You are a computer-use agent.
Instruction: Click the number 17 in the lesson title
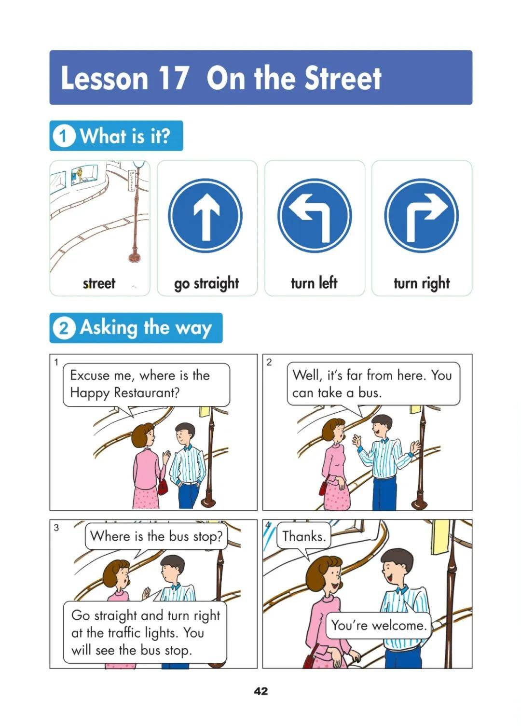(x=173, y=78)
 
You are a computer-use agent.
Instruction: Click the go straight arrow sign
(x=206, y=215)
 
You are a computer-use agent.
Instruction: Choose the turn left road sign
(x=315, y=215)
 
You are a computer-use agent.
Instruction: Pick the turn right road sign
(x=422, y=215)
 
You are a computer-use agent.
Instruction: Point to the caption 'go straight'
(x=206, y=283)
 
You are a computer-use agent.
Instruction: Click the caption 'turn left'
(x=314, y=282)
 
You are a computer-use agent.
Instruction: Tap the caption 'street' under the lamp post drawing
(x=99, y=283)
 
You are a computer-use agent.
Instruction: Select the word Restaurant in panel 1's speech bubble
(x=147, y=393)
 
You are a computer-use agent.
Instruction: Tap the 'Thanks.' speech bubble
(x=304, y=536)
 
